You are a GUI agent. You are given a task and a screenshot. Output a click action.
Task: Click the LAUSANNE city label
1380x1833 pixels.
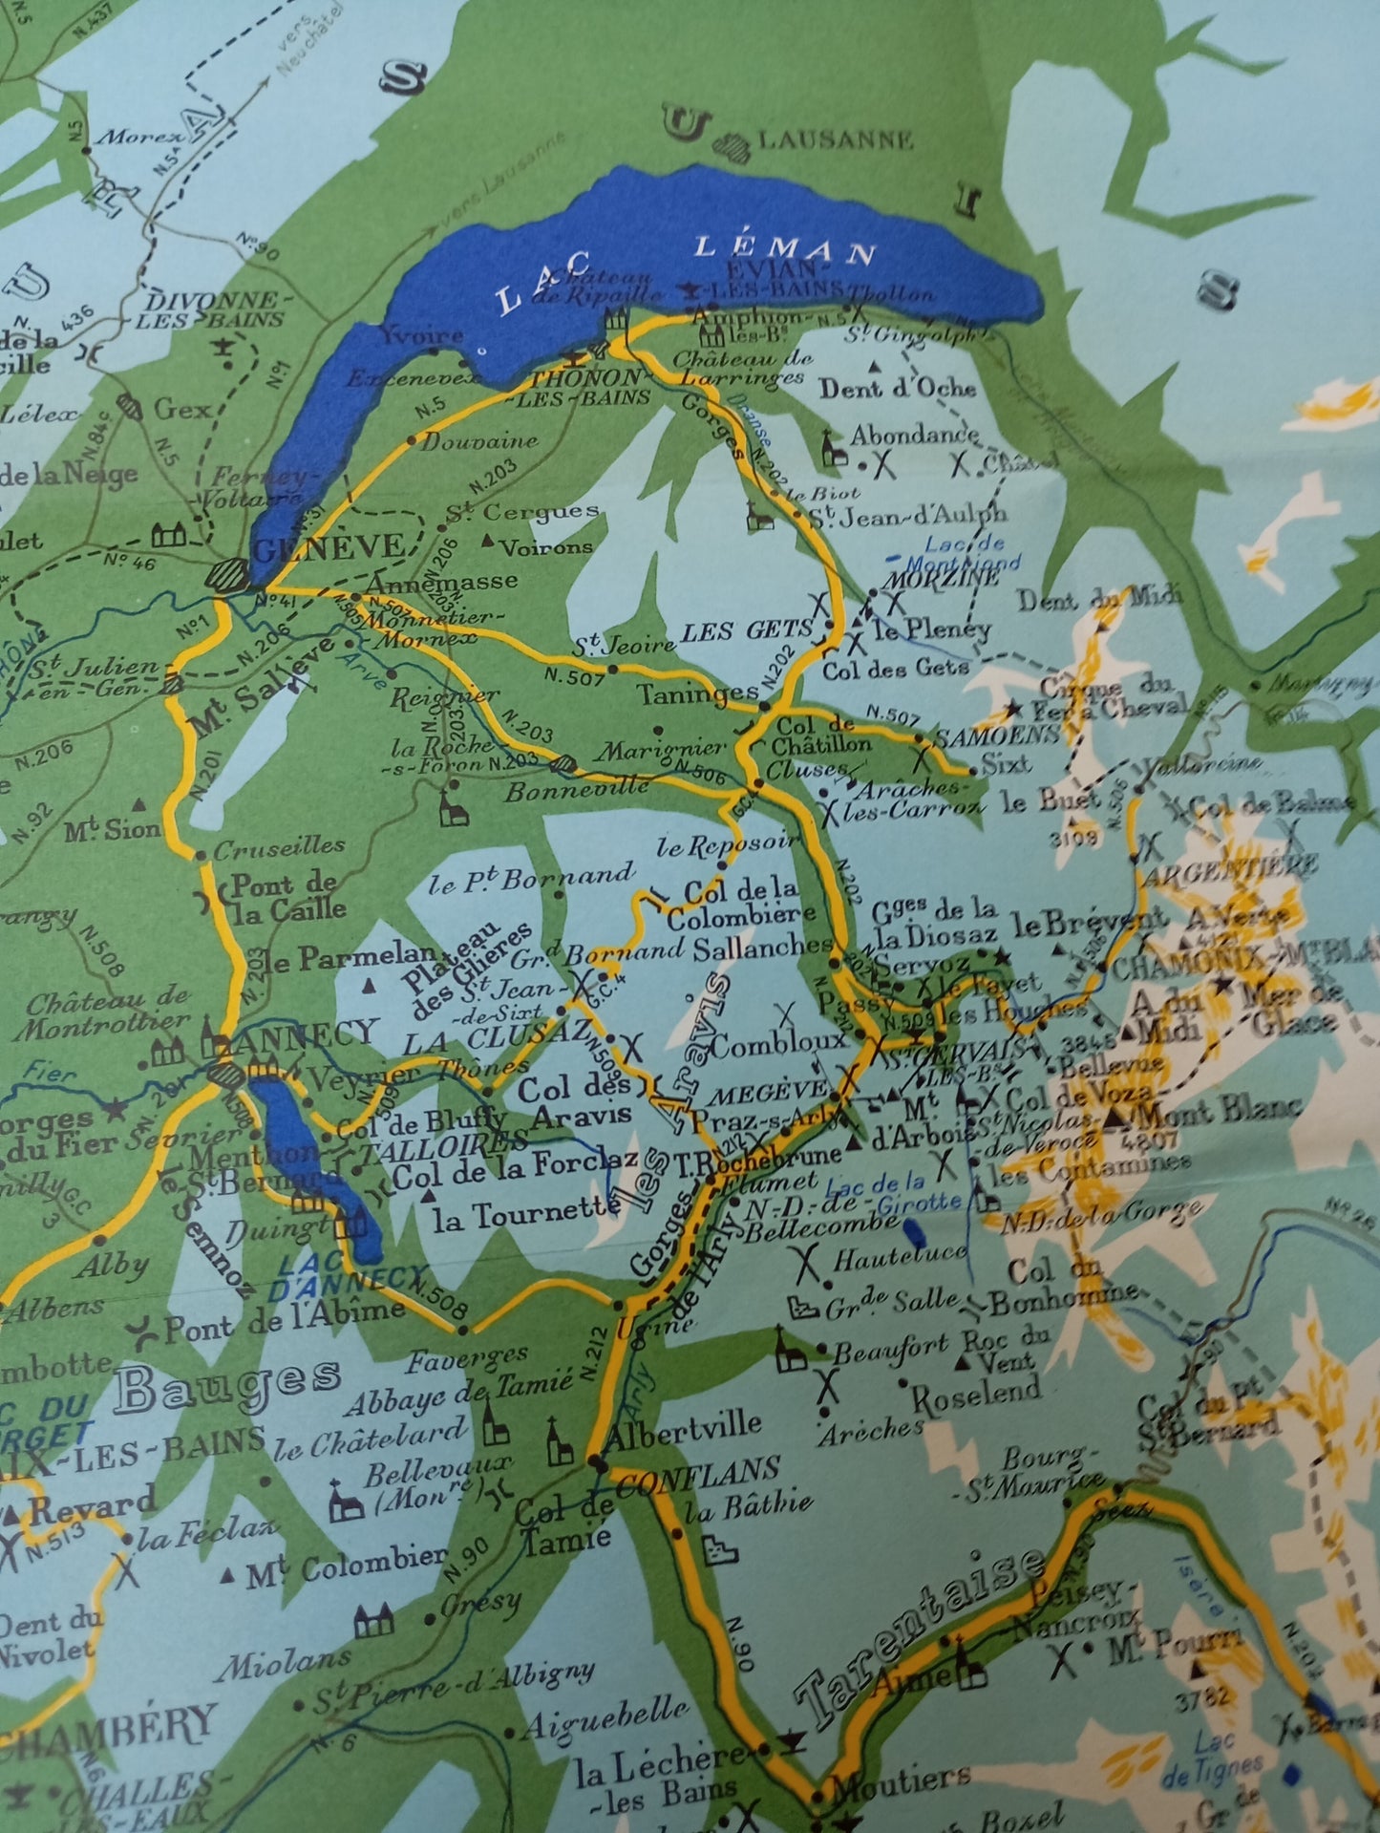pyautogui.click(x=835, y=139)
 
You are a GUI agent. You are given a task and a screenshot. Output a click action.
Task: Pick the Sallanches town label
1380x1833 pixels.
pyautogui.click(x=764, y=946)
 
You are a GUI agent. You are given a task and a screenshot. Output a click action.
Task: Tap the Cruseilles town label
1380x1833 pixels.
pyautogui.click(x=279, y=846)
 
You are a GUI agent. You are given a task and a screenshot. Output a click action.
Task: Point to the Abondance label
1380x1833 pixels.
pyautogui.click(x=914, y=435)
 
